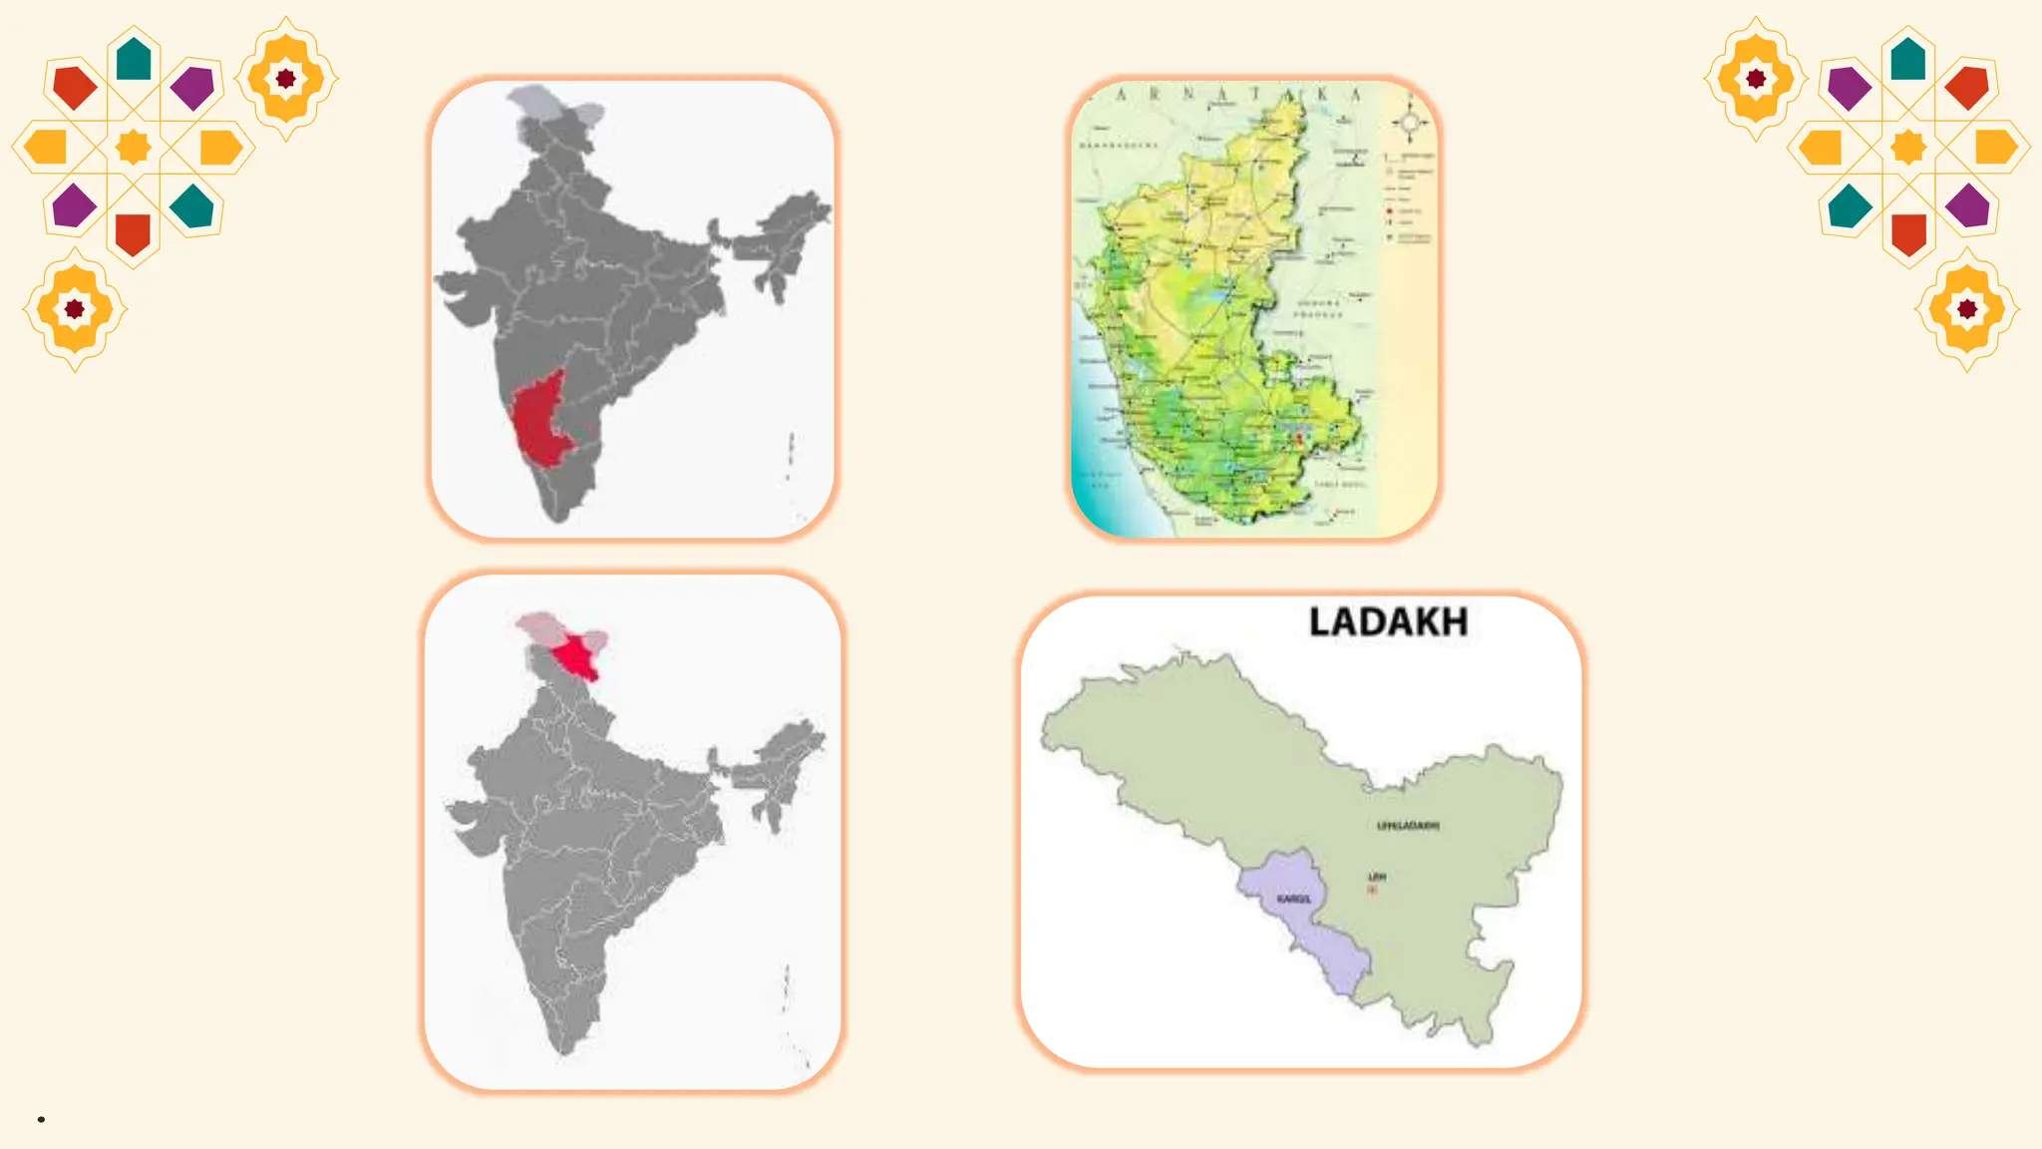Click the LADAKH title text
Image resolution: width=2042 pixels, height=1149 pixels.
(x=1388, y=622)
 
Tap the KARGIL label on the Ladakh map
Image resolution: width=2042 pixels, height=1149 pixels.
(x=1293, y=900)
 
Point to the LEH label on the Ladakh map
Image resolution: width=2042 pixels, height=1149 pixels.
(x=1377, y=877)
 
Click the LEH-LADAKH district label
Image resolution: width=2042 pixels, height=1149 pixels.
(x=1408, y=826)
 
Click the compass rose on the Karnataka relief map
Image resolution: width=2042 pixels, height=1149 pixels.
(x=1410, y=123)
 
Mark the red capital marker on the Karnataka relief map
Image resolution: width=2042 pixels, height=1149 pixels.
(x=1299, y=437)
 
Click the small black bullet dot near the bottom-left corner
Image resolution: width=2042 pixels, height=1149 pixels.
(x=41, y=1119)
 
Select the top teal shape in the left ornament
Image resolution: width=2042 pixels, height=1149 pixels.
(x=134, y=60)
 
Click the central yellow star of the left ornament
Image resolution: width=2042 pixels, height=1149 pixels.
(x=134, y=147)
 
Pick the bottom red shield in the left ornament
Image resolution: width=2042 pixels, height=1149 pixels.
(x=133, y=234)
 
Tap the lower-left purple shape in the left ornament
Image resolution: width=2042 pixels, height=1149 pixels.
(x=74, y=205)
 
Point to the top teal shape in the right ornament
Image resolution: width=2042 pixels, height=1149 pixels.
(x=1907, y=60)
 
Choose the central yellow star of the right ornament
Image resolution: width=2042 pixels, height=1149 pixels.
(x=1908, y=147)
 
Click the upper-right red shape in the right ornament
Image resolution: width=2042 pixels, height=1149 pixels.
(x=1967, y=87)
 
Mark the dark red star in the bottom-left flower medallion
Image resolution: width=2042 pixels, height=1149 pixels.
(x=75, y=309)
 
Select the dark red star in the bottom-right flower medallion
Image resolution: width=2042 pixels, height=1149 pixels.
(x=1967, y=309)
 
